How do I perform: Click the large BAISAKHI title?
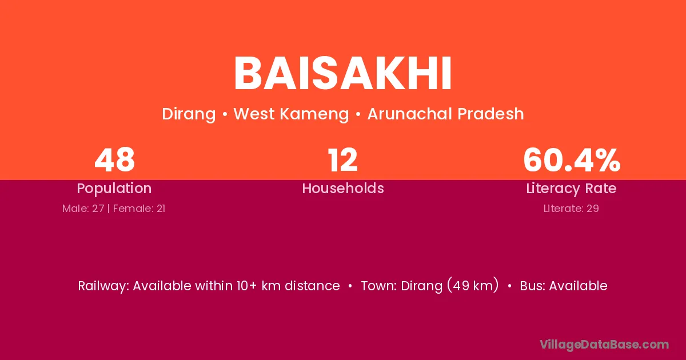pos(342,74)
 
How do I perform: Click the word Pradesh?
pos(490,114)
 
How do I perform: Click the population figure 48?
pos(114,160)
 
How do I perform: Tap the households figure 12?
pos(342,160)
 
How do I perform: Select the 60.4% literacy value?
pos(572,160)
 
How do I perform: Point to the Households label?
pos(343,188)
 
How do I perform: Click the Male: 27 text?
pos(83,209)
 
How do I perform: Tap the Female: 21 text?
pos(139,209)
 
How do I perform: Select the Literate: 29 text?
pos(571,209)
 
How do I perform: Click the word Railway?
pos(103,286)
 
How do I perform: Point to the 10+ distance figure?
pos(246,286)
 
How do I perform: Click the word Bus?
pos(533,286)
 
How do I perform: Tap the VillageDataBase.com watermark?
pos(604,345)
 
